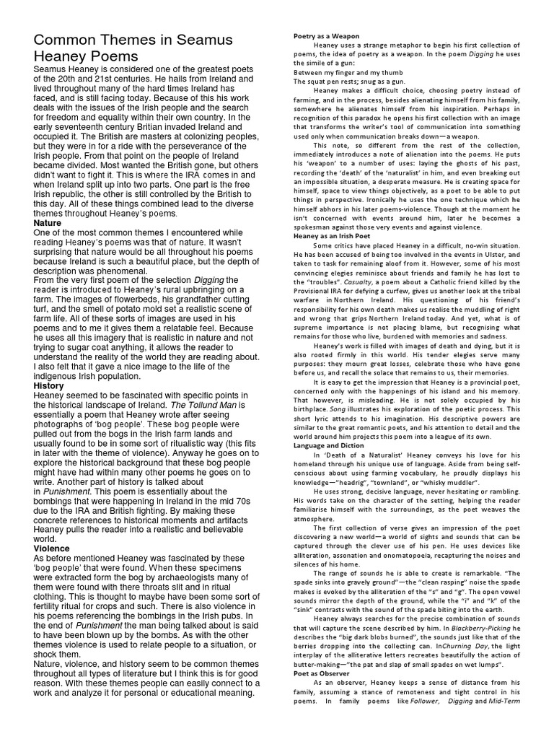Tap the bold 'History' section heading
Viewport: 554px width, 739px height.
click(49, 386)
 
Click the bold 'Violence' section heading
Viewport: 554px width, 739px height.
click(53, 548)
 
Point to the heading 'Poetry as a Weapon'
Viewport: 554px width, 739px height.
click(326, 36)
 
